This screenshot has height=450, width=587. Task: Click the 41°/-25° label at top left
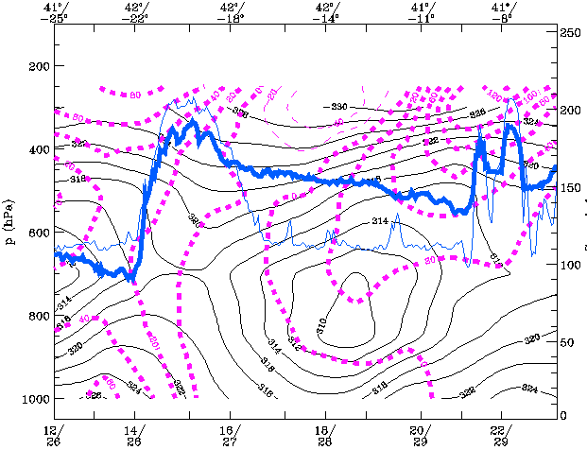[x=55, y=11]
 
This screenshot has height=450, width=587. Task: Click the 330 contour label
[x=337, y=106]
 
